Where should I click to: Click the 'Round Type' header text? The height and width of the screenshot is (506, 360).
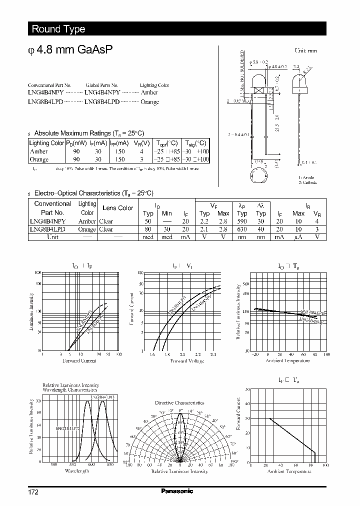(x=58, y=29)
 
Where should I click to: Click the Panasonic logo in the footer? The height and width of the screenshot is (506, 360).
(x=177, y=491)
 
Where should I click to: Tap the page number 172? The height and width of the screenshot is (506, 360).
(x=33, y=492)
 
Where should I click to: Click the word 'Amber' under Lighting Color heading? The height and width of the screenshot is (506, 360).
(x=149, y=93)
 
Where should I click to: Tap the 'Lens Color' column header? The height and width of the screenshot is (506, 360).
(x=117, y=208)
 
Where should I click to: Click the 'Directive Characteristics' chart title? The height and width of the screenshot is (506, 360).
(x=179, y=402)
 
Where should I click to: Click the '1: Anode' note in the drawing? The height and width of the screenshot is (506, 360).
(x=307, y=177)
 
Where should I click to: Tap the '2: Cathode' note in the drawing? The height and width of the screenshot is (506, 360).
(x=308, y=183)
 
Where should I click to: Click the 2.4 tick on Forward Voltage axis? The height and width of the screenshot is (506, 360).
(x=213, y=354)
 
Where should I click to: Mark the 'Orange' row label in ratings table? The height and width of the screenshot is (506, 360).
(x=39, y=159)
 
